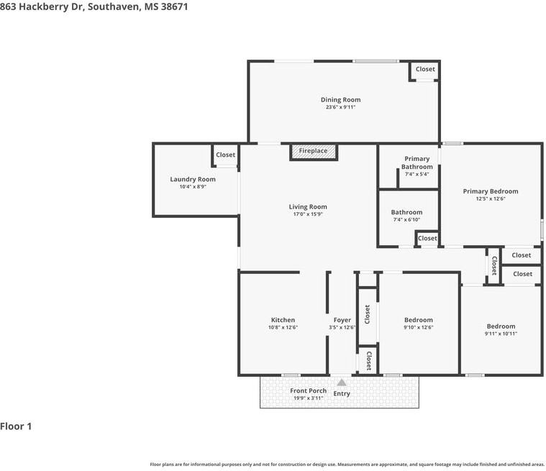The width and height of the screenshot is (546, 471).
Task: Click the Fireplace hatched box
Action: pos(314,152)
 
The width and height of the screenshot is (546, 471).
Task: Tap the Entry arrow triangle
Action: pos(342,383)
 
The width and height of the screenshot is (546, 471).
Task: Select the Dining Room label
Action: pos(340,99)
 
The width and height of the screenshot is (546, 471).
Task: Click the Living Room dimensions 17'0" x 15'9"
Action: pos(308,214)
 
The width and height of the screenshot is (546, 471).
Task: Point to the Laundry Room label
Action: pos(193,179)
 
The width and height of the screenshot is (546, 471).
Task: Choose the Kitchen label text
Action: pos(283,320)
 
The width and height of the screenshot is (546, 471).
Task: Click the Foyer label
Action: pos(342,320)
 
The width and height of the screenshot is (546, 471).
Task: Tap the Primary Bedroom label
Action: pos(491,191)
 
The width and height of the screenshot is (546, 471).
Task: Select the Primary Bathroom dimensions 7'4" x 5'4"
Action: pos(417,174)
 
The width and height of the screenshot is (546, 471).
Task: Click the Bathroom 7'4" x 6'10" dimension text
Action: pos(406,219)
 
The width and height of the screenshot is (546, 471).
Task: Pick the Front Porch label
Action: pos(308,390)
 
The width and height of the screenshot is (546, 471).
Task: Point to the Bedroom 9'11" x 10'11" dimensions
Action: pos(501,334)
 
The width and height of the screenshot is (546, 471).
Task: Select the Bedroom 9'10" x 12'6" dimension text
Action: pos(419,327)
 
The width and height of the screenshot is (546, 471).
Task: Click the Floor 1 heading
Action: pos(16,426)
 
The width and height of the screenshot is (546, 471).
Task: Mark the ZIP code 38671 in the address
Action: pos(175,6)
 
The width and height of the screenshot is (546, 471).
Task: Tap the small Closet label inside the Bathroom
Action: pos(427,238)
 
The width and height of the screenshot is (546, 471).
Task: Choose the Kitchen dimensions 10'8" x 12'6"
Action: pos(283,327)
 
